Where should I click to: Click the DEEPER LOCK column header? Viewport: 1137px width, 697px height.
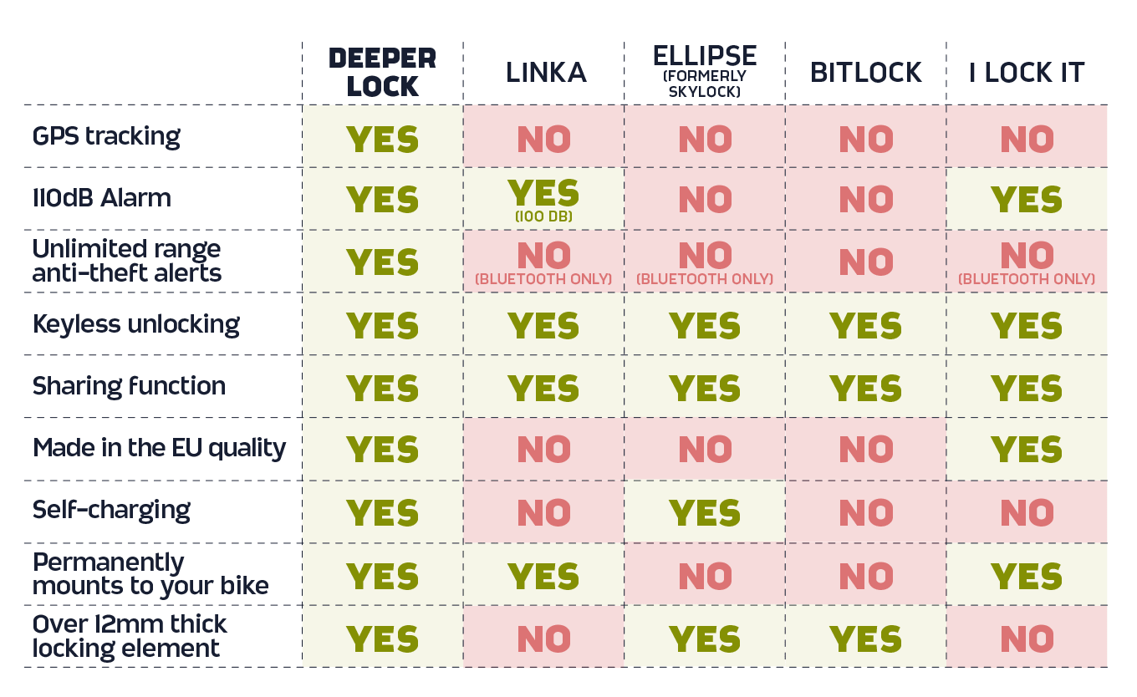(382, 72)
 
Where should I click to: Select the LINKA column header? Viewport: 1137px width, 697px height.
(545, 73)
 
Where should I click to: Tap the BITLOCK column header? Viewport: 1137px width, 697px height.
(865, 73)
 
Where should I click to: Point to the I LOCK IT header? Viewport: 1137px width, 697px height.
(1027, 73)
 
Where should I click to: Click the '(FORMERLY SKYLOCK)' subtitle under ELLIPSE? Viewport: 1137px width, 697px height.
(705, 84)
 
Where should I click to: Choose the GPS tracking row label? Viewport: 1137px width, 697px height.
(106, 136)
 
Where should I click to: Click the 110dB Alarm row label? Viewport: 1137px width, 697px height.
(102, 198)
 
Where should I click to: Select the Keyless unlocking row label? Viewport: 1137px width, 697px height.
(136, 323)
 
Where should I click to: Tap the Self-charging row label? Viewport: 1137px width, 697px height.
(111, 510)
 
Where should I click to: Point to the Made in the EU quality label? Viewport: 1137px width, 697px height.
(159, 448)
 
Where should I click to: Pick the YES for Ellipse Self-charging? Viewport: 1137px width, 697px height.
(705, 512)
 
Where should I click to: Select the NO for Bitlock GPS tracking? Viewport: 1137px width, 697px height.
(865, 139)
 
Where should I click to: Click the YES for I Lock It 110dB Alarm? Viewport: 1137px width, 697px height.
(1027, 200)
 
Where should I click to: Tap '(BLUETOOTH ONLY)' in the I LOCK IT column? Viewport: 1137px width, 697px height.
(1027, 279)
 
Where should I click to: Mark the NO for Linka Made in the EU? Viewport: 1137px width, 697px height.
(543, 450)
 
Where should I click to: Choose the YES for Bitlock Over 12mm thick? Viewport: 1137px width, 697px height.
(865, 639)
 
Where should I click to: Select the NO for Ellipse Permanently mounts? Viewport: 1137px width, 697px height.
(705, 576)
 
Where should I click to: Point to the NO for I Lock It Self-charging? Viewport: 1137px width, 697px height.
(1027, 512)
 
